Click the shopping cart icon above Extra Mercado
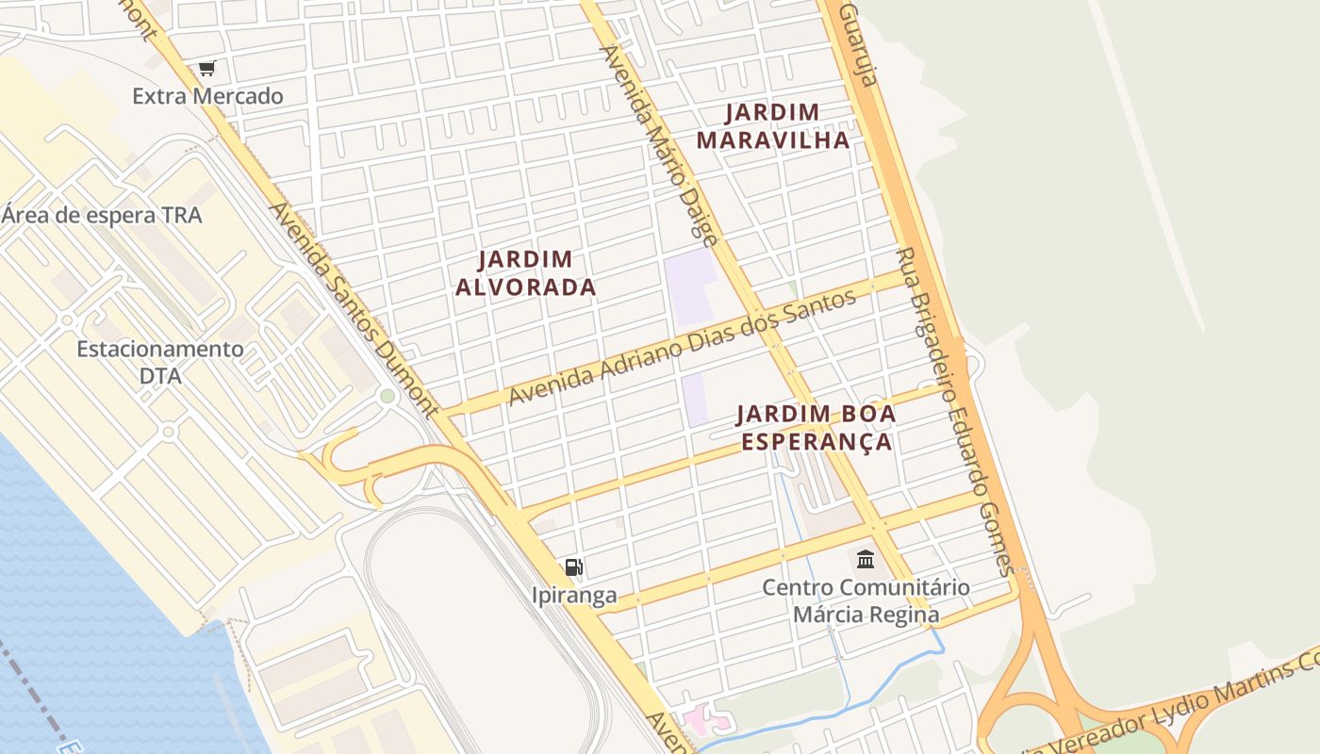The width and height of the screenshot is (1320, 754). (207, 68)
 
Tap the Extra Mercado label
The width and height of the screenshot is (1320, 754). (207, 96)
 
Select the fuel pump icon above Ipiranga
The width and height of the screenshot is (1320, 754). (574, 567)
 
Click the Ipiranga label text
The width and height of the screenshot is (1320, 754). (574, 596)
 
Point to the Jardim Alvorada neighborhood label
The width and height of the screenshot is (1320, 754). (525, 272)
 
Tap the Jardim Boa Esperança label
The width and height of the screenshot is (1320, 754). (816, 427)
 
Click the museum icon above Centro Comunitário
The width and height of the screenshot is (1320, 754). (866, 560)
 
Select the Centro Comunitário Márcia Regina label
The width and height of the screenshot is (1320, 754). (866, 601)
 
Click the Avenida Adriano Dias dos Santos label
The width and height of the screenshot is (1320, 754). (682, 348)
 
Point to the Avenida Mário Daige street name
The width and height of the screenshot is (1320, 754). (661, 146)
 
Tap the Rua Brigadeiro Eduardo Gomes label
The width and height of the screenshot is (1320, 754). (954, 411)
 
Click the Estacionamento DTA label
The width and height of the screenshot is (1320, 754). (160, 362)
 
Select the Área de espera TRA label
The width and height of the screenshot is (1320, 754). (102, 215)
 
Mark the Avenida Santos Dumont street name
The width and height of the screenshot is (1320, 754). (355, 309)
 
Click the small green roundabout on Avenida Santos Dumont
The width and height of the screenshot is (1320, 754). (387, 396)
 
